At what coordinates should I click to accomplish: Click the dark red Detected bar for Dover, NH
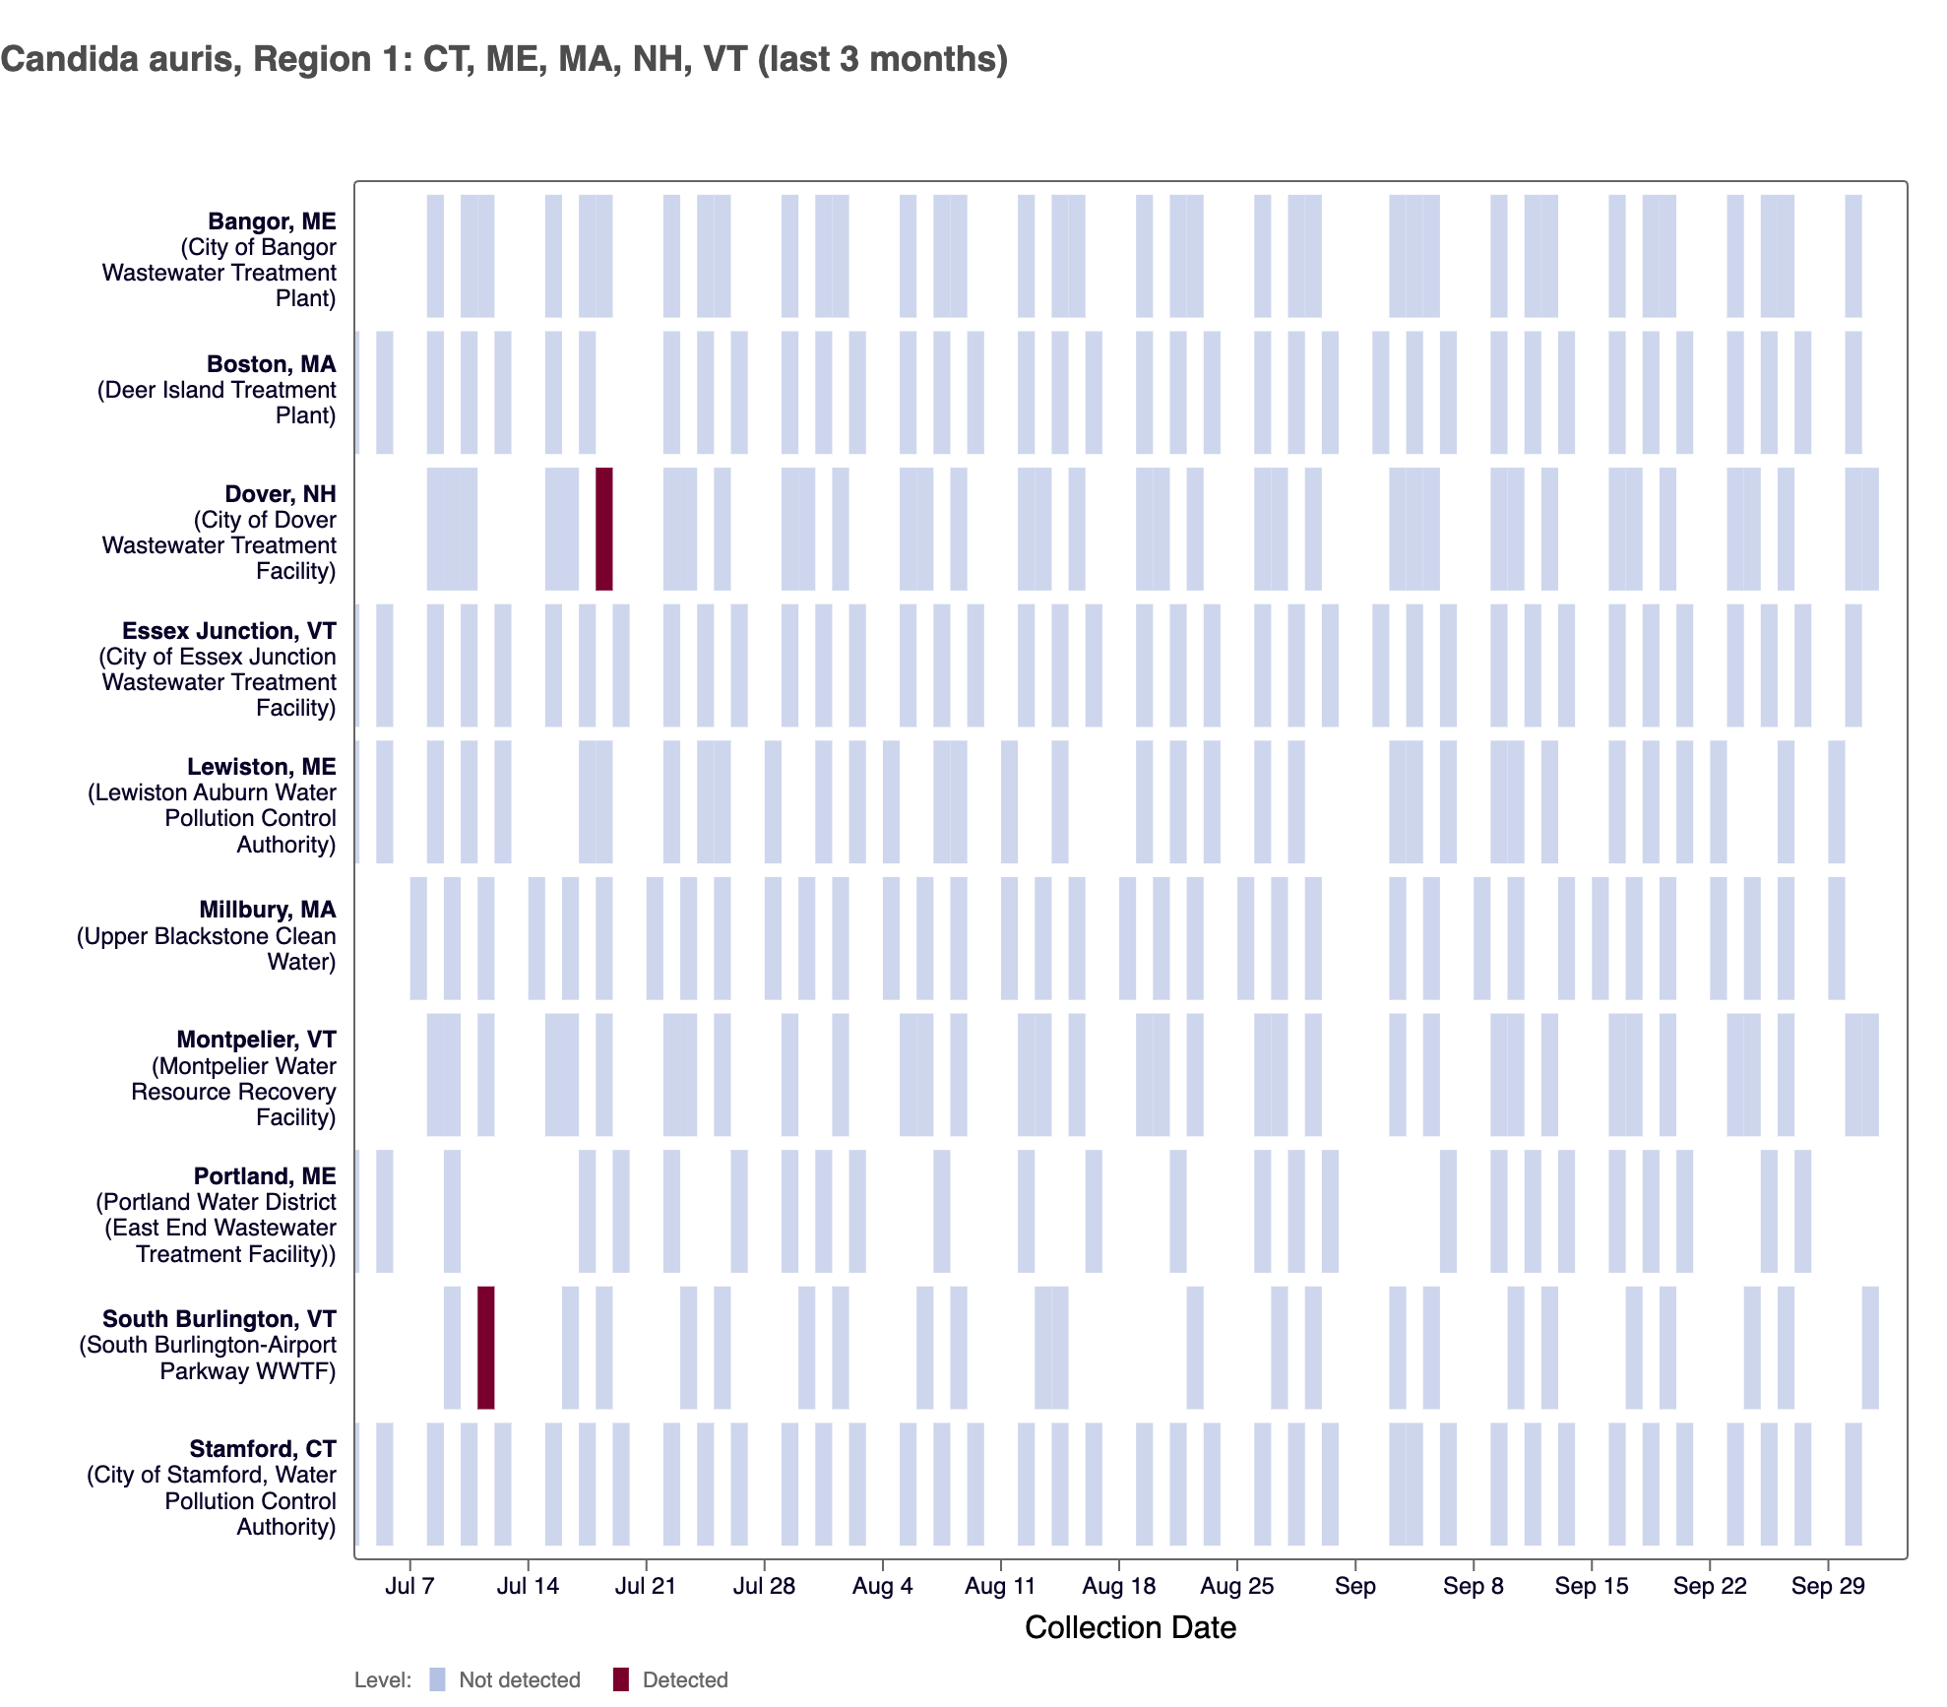click(603, 529)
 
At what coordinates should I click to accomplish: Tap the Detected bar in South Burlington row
click(485, 1347)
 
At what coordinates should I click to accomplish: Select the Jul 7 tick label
click(409, 1586)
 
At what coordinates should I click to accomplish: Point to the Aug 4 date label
click(882, 1586)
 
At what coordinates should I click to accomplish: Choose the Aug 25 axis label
click(1236, 1586)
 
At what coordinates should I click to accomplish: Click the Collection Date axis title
click(1130, 1627)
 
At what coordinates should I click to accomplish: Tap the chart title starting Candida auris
click(504, 59)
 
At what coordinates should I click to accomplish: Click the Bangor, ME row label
click(272, 221)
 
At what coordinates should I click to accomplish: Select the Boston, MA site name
click(271, 364)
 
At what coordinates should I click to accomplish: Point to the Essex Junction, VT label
click(228, 631)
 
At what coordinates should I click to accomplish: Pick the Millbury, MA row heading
click(267, 910)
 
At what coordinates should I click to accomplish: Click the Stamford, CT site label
click(263, 1449)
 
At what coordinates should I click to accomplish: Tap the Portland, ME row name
click(265, 1176)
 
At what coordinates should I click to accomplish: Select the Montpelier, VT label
click(256, 1040)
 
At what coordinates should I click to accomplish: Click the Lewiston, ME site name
click(261, 767)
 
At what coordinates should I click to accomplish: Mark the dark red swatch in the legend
click(620, 1679)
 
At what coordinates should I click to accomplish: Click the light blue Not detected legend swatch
click(437, 1679)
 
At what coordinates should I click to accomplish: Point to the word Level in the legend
click(382, 1679)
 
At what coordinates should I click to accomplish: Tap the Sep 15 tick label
click(1591, 1586)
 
